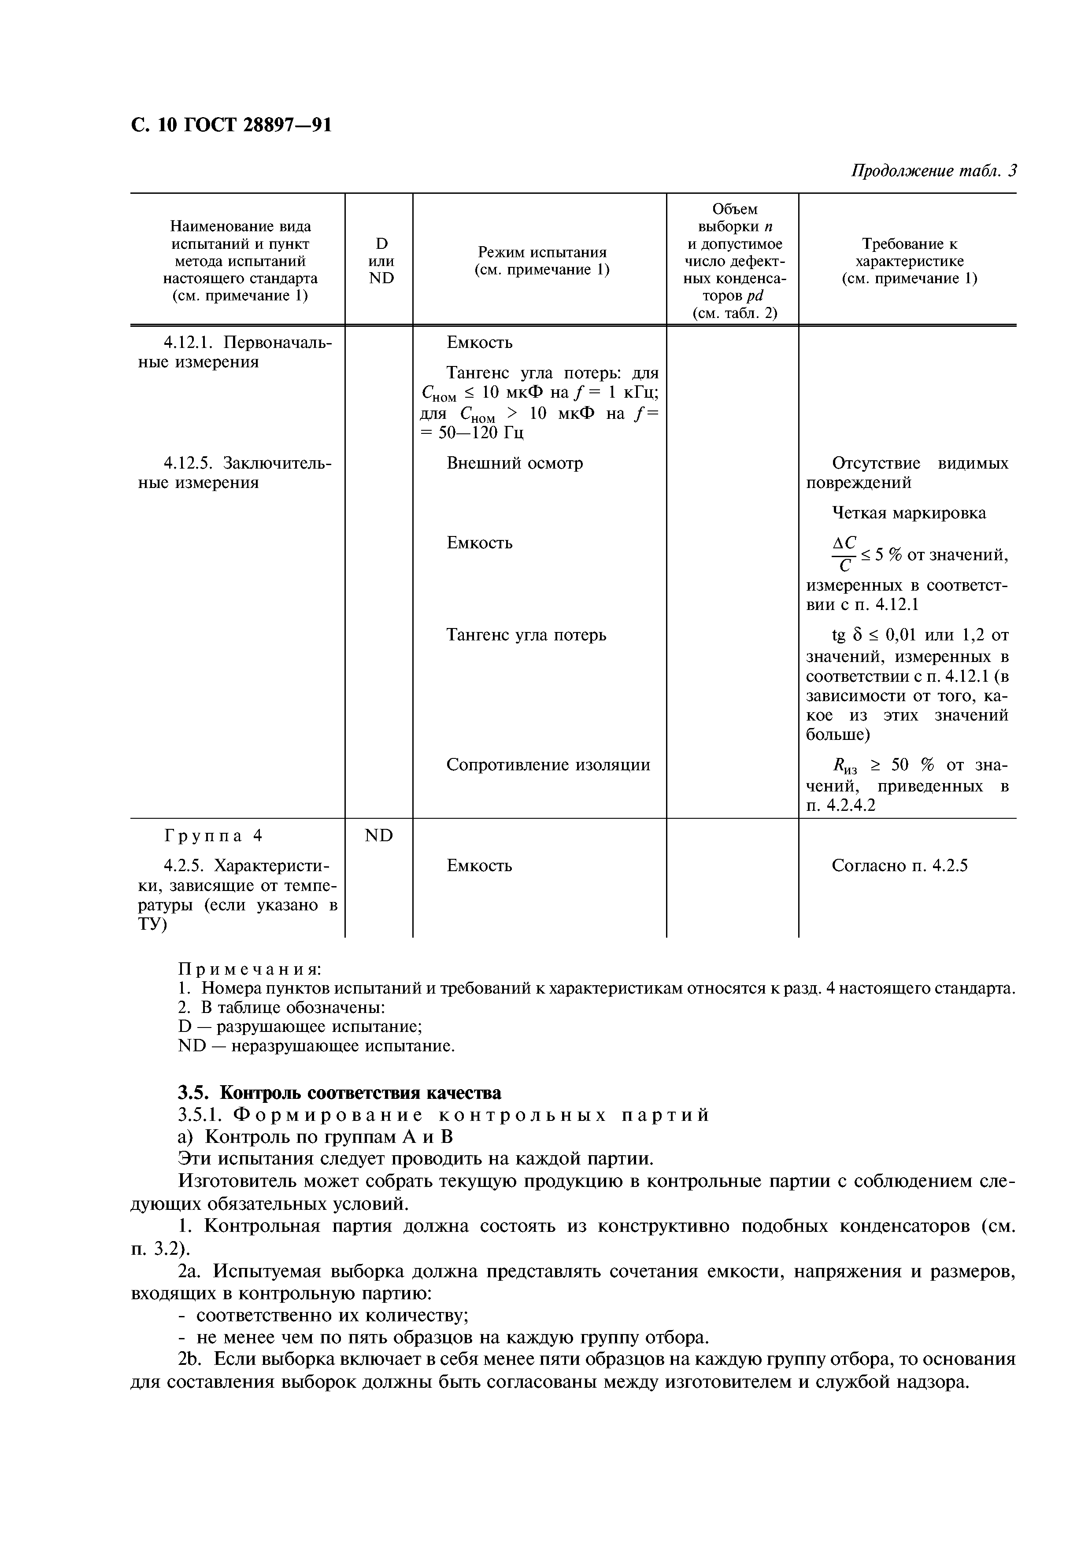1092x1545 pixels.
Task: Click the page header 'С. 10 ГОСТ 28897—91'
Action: coord(231,125)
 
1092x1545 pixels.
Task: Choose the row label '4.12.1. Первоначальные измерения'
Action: coord(236,352)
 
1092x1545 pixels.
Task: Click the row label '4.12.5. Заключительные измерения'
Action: coord(236,473)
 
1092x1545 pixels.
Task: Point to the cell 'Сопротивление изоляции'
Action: coord(548,765)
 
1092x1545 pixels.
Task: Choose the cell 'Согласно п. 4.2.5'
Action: coord(900,865)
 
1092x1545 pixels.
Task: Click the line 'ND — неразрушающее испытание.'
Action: coord(316,1046)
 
